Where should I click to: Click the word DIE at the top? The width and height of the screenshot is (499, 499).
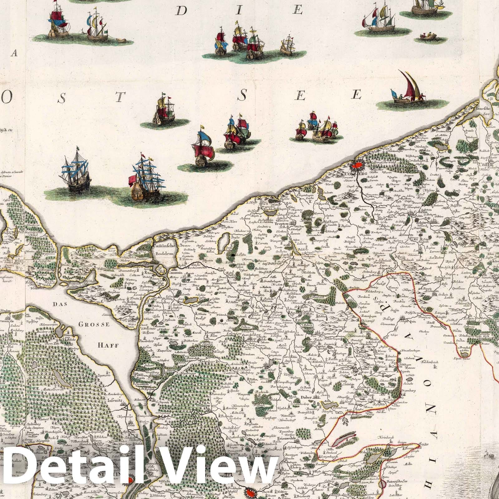coord(239,11)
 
